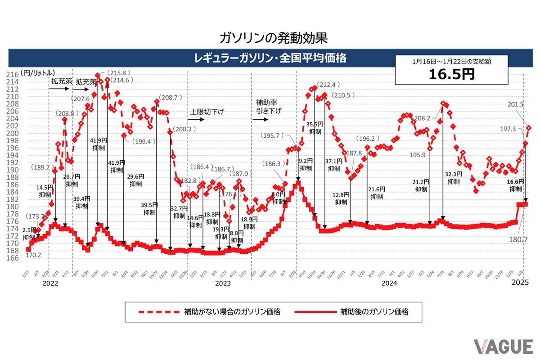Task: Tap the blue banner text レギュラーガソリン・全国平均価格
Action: [270, 58]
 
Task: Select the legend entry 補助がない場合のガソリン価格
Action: [232, 311]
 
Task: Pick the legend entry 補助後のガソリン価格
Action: [374, 311]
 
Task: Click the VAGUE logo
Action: [503, 346]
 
